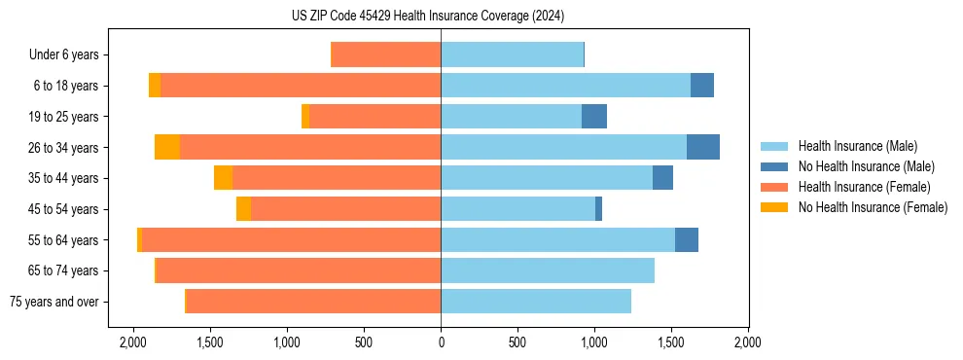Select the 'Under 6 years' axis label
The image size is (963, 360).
69,54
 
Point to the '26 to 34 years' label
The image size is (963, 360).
65,148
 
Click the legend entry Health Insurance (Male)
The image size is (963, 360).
857,146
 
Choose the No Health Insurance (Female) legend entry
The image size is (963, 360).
873,207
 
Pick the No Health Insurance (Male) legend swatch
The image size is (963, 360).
774,166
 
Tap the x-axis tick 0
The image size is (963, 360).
441,342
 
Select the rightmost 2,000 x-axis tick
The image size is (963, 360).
747,342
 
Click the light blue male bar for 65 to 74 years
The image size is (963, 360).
548,270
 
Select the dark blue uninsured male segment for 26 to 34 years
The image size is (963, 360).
702,147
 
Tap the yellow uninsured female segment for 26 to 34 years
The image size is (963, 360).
167,147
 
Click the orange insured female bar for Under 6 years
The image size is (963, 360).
386,54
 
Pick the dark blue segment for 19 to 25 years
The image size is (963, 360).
594,116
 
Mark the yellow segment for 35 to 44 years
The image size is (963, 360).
223,178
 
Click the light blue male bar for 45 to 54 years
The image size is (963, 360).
517,209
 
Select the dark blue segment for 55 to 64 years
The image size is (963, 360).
687,239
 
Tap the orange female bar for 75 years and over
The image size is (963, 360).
313,302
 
